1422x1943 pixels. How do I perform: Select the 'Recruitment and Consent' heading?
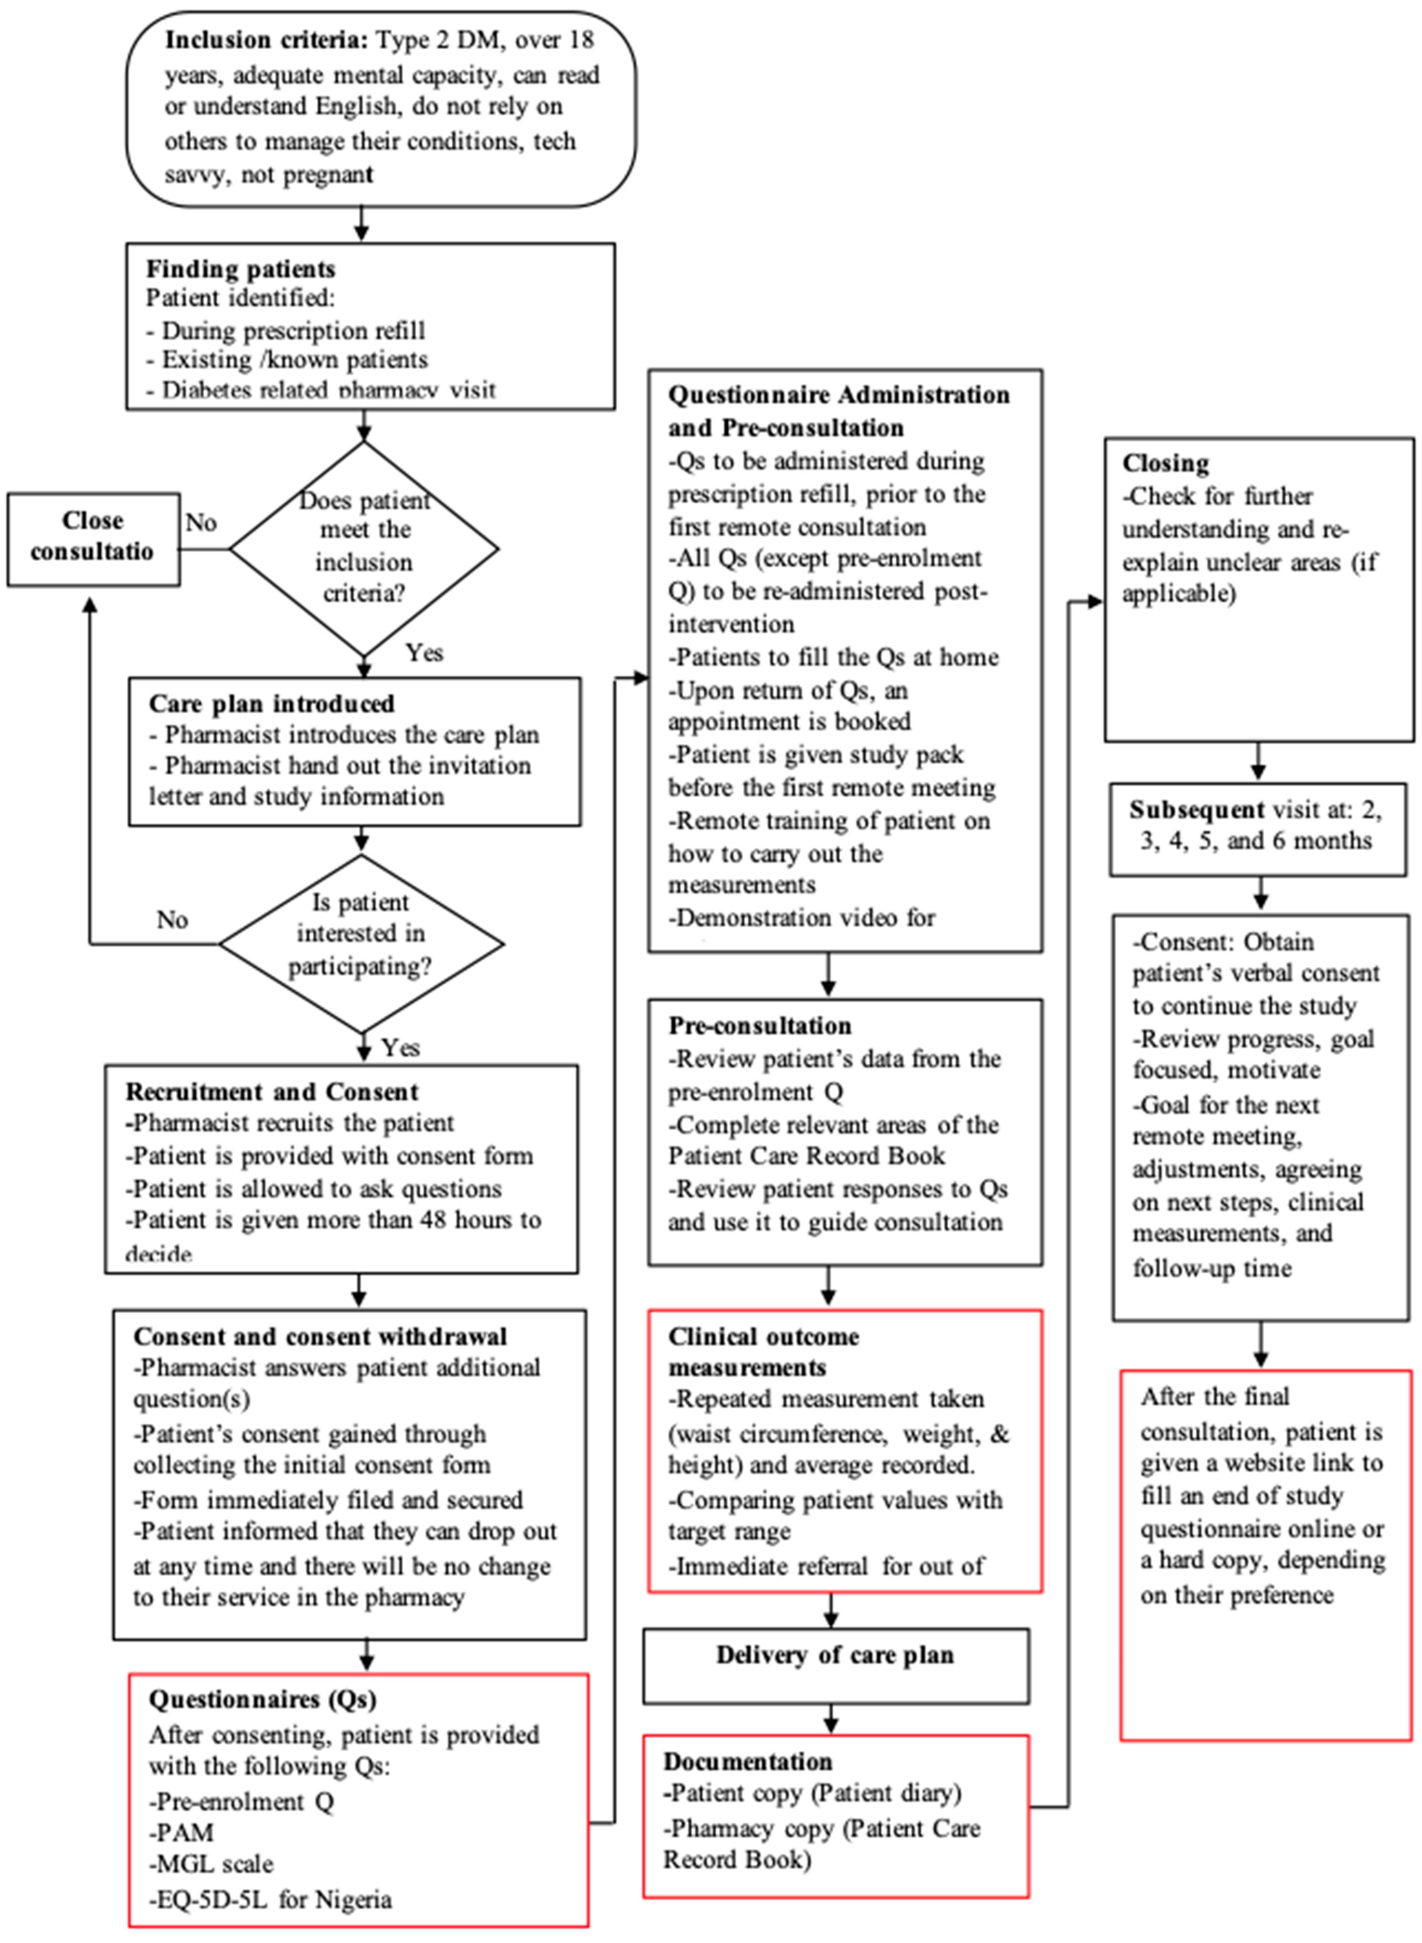pyautogui.click(x=272, y=1092)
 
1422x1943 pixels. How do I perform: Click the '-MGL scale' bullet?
pyautogui.click(x=212, y=1864)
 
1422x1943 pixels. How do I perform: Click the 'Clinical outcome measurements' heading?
pyautogui.click(x=764, y=1352)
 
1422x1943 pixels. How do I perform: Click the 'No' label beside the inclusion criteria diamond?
pyautogui.click(x=201, y=523)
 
